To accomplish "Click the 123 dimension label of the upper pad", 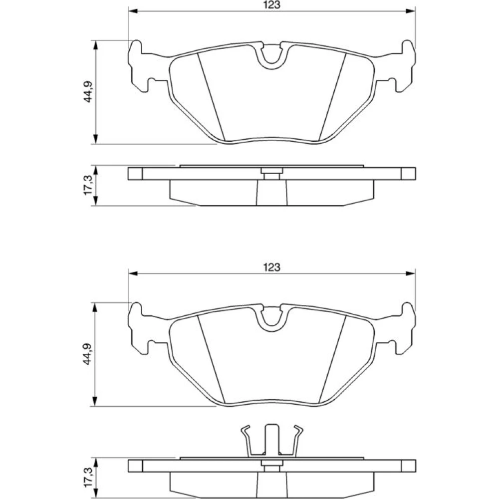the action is (272, 5).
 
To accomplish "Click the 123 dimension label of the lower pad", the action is (272, 267).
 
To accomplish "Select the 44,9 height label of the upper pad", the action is (88, 91).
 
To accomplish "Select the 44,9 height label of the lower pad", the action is (88, 354).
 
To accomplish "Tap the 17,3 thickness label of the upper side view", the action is (88, 185).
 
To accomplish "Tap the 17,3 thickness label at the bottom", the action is (88, 478).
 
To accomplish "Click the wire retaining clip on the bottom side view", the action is (272, 440).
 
